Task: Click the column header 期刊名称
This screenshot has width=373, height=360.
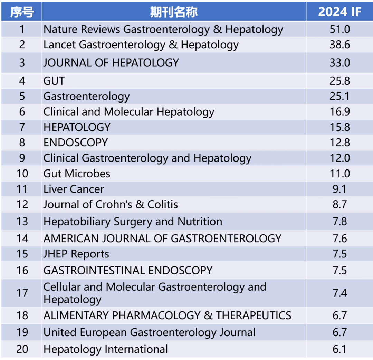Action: (174, 12)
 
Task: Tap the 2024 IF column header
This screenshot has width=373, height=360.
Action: (339, 12)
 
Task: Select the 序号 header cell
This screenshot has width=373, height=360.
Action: (22, 12)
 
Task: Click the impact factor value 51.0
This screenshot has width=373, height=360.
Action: (339, 29)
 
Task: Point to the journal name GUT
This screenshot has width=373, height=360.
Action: (54, 81)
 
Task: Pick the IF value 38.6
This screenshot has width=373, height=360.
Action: (339, 45)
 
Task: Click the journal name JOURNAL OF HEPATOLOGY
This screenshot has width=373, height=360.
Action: (111, 63)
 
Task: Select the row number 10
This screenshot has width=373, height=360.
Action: (22, 174)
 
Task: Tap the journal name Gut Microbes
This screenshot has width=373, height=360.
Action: (77, 174)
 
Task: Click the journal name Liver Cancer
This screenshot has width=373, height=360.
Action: (74, 189)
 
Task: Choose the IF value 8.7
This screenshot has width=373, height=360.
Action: (339, 204)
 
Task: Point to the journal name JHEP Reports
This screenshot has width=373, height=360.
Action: (76, 254)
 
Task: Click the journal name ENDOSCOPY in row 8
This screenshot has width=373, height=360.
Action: (76, 143)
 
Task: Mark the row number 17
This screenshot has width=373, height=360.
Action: (22, 293)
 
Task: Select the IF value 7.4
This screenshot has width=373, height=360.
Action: (339, 293)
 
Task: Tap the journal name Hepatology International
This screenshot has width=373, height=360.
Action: (105, 349)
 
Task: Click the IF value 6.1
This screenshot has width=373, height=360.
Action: (339, 349)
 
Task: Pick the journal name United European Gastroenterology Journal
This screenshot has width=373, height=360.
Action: (149, 332)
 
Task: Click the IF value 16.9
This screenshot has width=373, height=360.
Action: (339, 112)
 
